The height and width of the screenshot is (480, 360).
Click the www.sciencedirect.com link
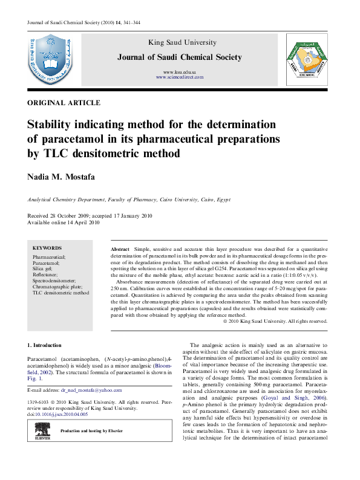tap(180, 77)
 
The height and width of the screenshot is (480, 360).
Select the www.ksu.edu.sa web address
tap(180, 72)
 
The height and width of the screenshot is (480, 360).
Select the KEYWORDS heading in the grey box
tap(47, 248)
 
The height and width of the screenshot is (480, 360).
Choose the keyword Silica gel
tap(44, 269)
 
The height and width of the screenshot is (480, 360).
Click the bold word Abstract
tap(120, 249)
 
